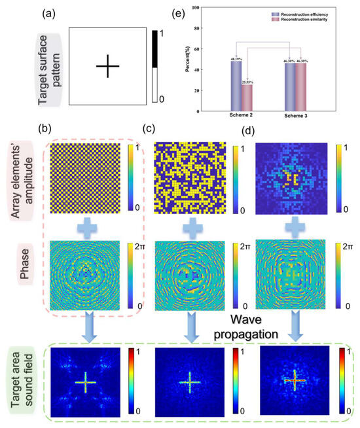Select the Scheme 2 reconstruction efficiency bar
tap(236, 85)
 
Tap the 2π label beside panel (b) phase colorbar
tap(140, 247)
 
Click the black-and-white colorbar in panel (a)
tap(155, 67)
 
